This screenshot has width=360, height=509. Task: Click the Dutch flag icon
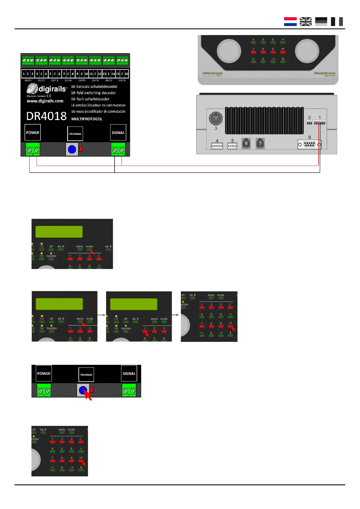point(290,21)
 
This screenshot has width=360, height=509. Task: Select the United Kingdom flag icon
point(306,21)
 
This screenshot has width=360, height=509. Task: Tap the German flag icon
point(321,21)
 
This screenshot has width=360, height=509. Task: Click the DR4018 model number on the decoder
point(46,116)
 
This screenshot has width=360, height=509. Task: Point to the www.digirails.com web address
point(45,101)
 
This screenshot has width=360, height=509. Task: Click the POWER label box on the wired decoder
point(33,132)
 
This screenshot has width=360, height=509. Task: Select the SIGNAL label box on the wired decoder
point(118,132)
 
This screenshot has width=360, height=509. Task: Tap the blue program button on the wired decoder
point(72,149)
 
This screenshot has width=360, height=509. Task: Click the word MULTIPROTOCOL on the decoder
point(87,119)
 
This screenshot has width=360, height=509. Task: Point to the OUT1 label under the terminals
point(28,80)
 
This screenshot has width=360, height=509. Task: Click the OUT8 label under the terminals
point(122,80)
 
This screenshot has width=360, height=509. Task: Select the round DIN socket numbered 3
point(216,118)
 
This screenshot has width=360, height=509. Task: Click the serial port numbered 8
point(309,144)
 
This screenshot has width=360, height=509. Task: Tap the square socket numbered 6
point(246,143)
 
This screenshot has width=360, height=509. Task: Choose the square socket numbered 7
point(260,143)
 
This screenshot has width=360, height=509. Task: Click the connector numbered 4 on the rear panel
point(217,146)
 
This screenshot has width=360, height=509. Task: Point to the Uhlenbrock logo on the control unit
point(212,74)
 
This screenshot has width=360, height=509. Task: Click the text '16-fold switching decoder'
point(93,93)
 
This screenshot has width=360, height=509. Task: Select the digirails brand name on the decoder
point(52,89)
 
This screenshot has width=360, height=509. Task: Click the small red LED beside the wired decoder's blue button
point(81,149)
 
